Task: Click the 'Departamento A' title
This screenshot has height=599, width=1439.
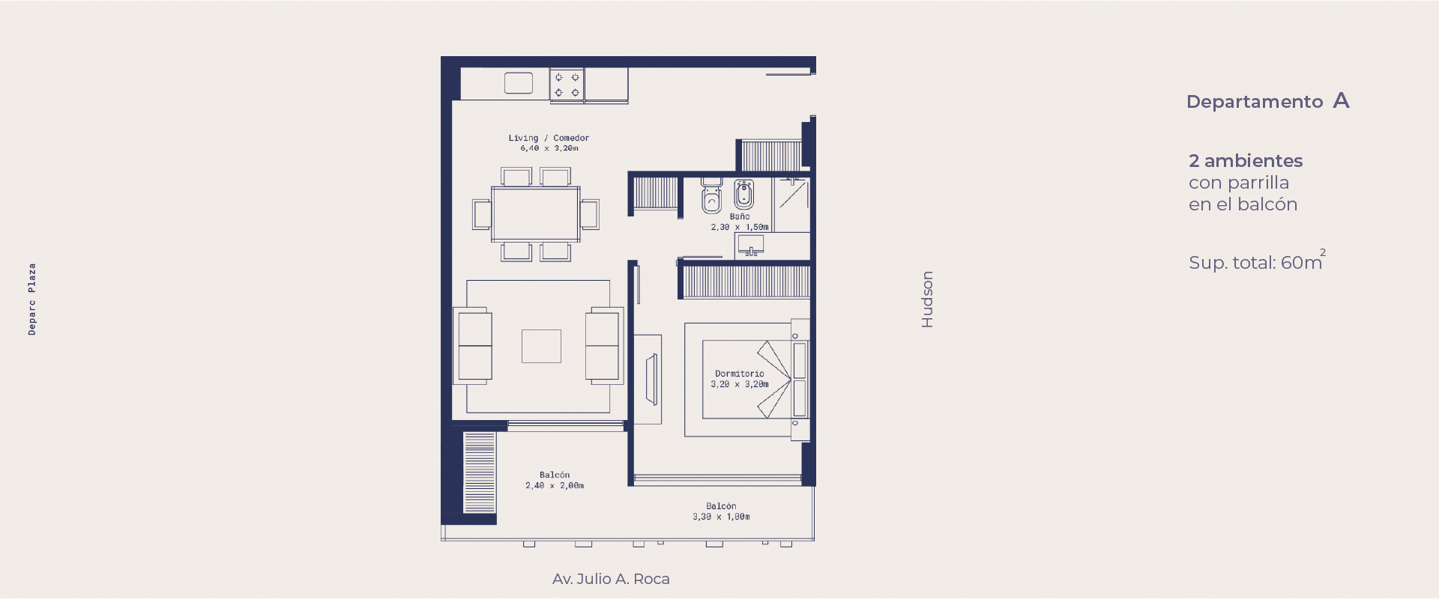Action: point(1268,101)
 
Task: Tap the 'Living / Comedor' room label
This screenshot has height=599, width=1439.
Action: point(549,138)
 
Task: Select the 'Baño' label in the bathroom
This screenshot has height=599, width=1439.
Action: point(740,216)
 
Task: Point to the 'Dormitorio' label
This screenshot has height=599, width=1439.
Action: point(740,374)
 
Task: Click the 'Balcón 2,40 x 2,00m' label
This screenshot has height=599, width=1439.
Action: point(555,480)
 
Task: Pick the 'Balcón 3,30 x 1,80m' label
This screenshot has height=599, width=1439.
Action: point(721,511)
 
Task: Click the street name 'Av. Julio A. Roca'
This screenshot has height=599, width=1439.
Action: point(611,579)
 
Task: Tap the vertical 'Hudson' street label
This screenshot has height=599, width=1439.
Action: point(927,299)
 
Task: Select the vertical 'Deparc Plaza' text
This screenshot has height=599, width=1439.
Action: point(31,299)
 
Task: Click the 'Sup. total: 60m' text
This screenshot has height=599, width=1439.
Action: point(1257,261)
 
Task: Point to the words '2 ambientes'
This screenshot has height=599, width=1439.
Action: point(1246,161)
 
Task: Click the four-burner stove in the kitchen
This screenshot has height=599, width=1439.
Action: point(567,85)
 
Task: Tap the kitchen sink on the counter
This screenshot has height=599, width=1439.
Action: point(519,83)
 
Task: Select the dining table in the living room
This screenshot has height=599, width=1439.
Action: point(536,214)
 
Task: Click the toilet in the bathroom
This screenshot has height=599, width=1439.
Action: point(711,196)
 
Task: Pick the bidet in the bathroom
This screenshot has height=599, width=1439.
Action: point(743,194)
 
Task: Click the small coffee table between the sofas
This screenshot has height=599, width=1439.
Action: point(541,346)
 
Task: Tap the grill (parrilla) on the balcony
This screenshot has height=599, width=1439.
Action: point(480,472)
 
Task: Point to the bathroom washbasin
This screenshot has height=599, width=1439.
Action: point(750,244)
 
